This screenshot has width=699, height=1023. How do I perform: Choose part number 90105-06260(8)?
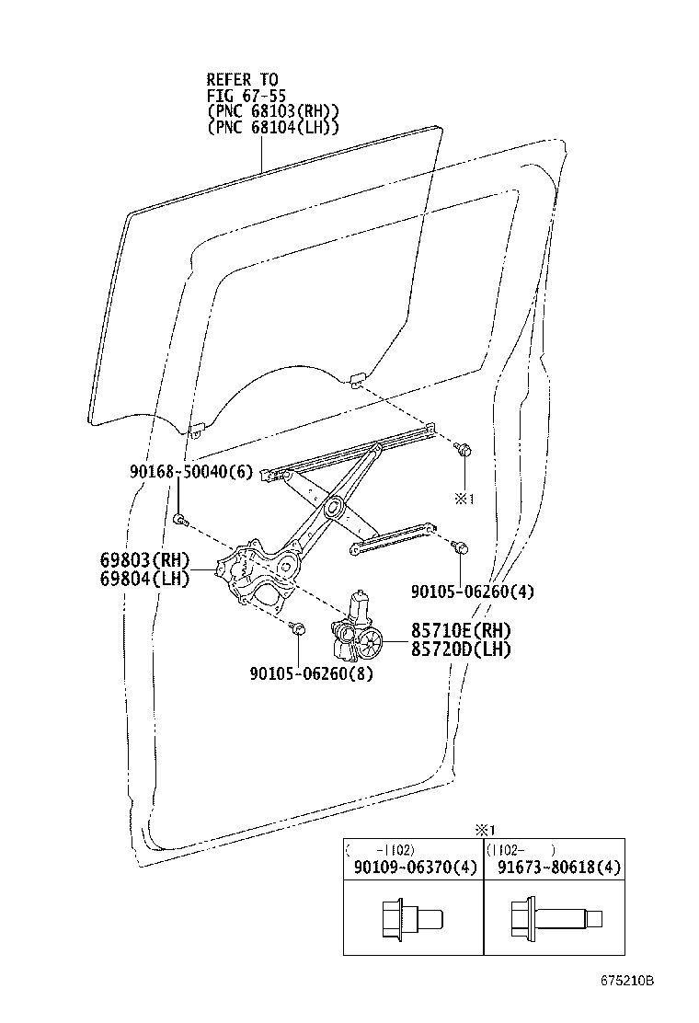coord(311,672)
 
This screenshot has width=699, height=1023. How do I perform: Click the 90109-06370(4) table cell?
coord(413,868)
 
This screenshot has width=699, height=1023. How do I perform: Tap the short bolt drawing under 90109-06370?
coord(411,919)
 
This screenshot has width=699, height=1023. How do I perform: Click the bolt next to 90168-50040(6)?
coord(180,522)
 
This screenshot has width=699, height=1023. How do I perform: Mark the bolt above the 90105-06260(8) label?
coord(298,629)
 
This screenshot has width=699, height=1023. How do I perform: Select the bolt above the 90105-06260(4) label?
coord(459,547)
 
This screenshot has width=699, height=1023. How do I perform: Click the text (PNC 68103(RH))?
coord(272,111)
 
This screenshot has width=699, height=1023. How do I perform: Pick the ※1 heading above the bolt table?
coord(484,830)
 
